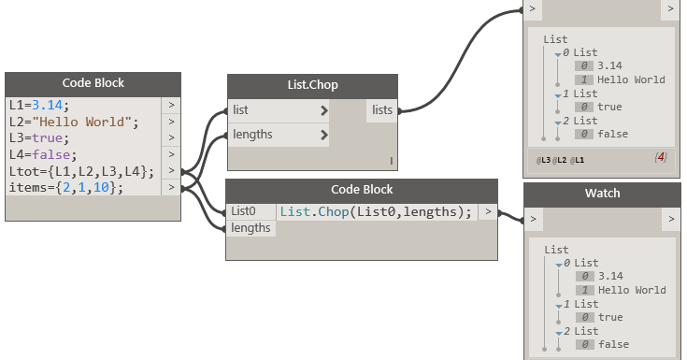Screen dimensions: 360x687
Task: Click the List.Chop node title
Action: [x=312, y=85]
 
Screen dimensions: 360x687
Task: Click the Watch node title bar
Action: [x=602, y=194]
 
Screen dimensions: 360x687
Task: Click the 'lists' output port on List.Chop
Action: [x=382, y=110]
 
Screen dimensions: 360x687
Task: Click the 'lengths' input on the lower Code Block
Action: [x=250, y=228]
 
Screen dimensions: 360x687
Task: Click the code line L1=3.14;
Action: [x=39, y=105]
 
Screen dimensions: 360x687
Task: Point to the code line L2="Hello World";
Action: [x=73, y=122]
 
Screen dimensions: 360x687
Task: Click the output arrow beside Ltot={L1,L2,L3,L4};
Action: [x=171, y=171]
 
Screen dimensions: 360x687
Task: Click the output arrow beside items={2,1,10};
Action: [x=171, y=188]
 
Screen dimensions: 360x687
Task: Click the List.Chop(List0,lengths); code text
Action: [x=376, y=211]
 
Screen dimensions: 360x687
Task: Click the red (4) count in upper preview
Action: [x=661, y=158]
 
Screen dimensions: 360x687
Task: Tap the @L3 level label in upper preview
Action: [x=543, y=160]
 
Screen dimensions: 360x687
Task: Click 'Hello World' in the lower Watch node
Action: [x=631, y=290]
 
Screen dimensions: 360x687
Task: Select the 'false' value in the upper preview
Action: [x=612, y=134]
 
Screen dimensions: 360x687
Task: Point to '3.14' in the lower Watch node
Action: [x=609, y=276]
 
